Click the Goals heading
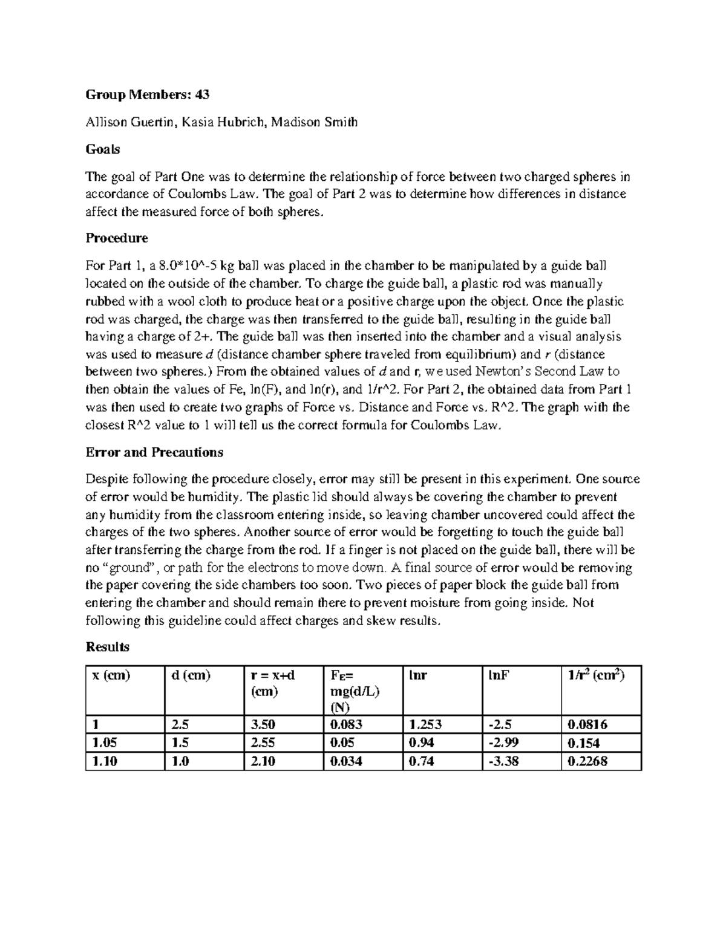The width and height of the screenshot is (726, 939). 103,149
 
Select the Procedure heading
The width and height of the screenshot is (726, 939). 117,238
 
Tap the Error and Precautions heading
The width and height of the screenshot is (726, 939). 154,452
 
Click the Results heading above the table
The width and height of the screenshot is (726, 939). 108,646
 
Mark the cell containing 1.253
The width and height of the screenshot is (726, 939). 425,724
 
